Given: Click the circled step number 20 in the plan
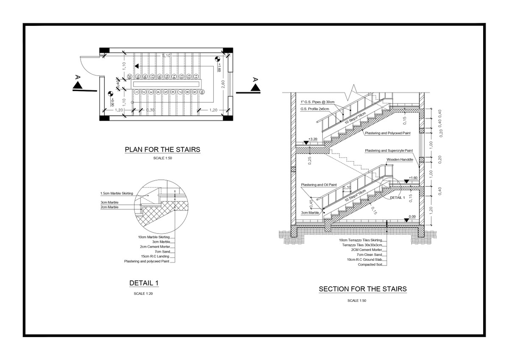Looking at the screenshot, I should pos(129,77).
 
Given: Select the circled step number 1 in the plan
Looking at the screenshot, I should pos(137,92).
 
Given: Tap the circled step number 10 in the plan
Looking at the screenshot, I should pos(202,92).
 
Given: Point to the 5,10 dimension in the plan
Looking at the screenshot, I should pos(166,56).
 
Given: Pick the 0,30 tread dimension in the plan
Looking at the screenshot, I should pos(150,110).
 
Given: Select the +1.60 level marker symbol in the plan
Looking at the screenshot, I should pos(218,59).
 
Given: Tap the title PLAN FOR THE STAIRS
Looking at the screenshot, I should pos(162,150).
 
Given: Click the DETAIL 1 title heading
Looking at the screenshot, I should pos(144,283).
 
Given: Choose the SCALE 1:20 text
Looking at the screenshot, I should pos(144,293).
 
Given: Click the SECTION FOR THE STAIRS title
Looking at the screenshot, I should pos(363,289).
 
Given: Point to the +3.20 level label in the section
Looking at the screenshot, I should pos(313,139).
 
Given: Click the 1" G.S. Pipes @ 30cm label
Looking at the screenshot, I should pos(317,102).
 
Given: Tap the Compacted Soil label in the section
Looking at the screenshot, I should pos(370,264).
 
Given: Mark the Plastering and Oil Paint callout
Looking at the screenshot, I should pos(319,185).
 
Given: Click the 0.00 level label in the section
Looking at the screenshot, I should pos(411,216).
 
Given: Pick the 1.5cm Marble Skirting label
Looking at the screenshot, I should pos(116,193).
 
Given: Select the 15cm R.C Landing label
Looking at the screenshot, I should pos(156,257).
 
